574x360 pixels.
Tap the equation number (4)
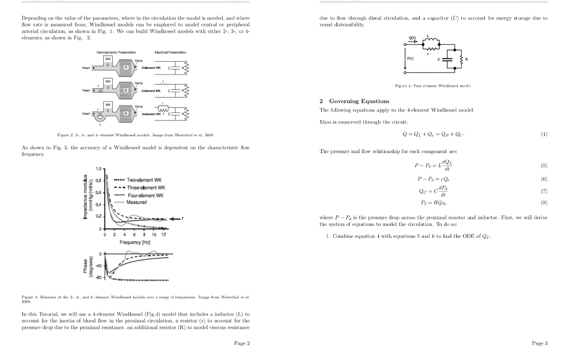pos(543,134)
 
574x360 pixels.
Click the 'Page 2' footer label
pos(242,343)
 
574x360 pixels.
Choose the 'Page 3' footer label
pos(539,343)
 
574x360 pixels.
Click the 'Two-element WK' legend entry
pos(145,180)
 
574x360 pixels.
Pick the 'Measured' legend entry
pos(137,202)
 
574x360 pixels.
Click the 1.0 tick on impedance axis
pos(99,169)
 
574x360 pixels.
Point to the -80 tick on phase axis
pos(99,278)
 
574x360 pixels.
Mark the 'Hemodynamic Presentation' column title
pos(114,52)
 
